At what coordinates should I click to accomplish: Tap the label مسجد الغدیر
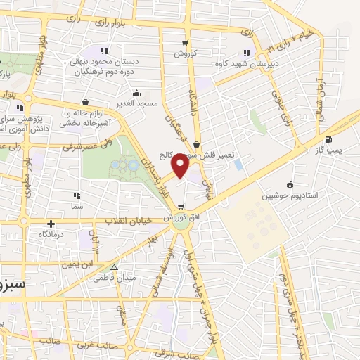136,103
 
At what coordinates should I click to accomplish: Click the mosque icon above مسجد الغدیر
136,92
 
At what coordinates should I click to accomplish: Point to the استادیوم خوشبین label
286,196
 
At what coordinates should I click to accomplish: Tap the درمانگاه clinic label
51,233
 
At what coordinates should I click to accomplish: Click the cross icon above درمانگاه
51,223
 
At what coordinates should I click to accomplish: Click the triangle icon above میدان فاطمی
115,267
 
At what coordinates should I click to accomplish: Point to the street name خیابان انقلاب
129,221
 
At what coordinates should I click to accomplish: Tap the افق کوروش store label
181,217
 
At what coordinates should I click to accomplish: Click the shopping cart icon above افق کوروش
181,206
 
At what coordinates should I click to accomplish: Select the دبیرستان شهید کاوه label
246,63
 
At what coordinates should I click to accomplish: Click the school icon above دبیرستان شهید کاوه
246,51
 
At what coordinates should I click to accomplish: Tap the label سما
77,207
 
